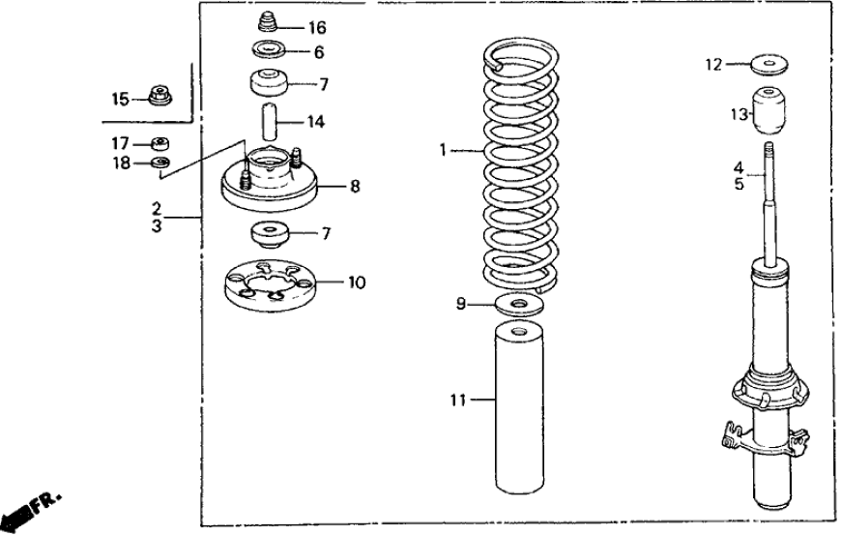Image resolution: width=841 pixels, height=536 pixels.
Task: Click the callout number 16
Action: tap(318, 27)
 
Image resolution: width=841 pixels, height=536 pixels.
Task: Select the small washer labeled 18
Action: tap(161, 162)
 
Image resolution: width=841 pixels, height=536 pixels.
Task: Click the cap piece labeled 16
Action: tap(269, 22)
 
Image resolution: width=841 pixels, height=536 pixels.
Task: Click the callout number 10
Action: tap(357, 283)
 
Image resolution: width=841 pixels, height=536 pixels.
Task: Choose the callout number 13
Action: tap(739, 115)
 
